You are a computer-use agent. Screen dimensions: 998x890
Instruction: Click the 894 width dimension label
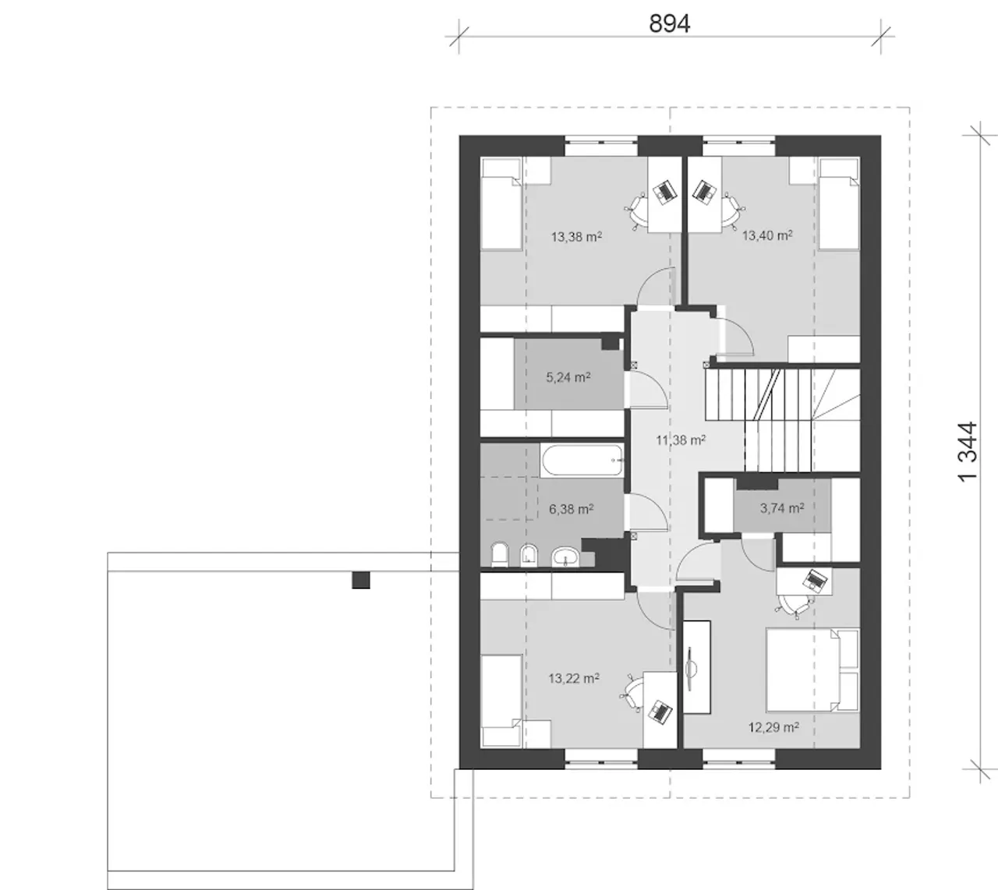pyautogui.click(x=670, y=23)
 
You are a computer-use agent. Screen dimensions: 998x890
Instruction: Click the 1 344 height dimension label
pyautogui.click(x=968, y=452)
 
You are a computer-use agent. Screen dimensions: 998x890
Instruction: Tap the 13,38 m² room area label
pyautogui.click(x=576, y=237)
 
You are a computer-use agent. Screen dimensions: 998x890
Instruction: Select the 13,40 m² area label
pyautogui.click(x=767, y=235)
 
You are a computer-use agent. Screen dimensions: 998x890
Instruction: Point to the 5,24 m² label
pyautogui.click(x=568, y=377)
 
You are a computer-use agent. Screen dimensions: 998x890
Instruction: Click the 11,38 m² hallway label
pyautogui.click(x=681, y=440)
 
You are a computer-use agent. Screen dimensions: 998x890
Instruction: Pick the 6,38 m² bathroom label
pyautogui.click(x=572, y=509)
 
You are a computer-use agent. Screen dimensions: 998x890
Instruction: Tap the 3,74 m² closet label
pyautogui.click(x=782, y=508)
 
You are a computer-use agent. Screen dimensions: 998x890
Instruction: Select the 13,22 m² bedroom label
pyautogui.click(x=574, y=678)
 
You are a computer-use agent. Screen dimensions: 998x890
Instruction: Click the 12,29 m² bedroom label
pyautogui.click(x=774, y=727)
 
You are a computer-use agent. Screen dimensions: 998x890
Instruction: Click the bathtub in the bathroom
pyautogui.click(x=582, y=460)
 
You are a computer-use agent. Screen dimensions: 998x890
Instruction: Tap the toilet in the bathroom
pyautogui.click(x=500, y=555)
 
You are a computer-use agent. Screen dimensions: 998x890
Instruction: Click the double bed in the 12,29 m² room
pyautogui.click(x=812, y=669)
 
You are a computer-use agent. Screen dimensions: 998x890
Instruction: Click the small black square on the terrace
pyautogui.click(x=360, y=580)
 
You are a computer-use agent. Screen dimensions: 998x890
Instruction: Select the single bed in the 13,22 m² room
pyautogui.click(x=501, y=701)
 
